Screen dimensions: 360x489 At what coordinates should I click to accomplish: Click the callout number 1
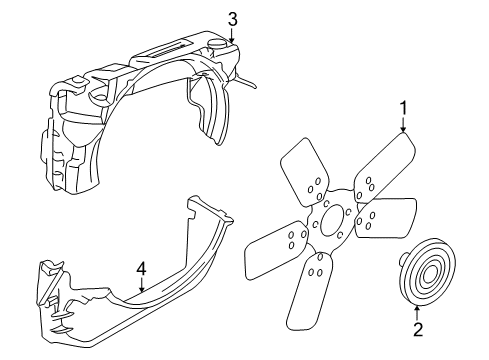[x=404, y=108]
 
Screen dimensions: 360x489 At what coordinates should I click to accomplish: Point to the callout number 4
[x=142, y=269]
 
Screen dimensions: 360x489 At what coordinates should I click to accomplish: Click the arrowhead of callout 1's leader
[x=404, y=132]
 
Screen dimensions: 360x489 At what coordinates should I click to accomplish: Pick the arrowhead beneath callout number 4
[x=142, y=291]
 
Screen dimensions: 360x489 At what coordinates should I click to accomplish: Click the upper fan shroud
[x=140, y=100]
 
